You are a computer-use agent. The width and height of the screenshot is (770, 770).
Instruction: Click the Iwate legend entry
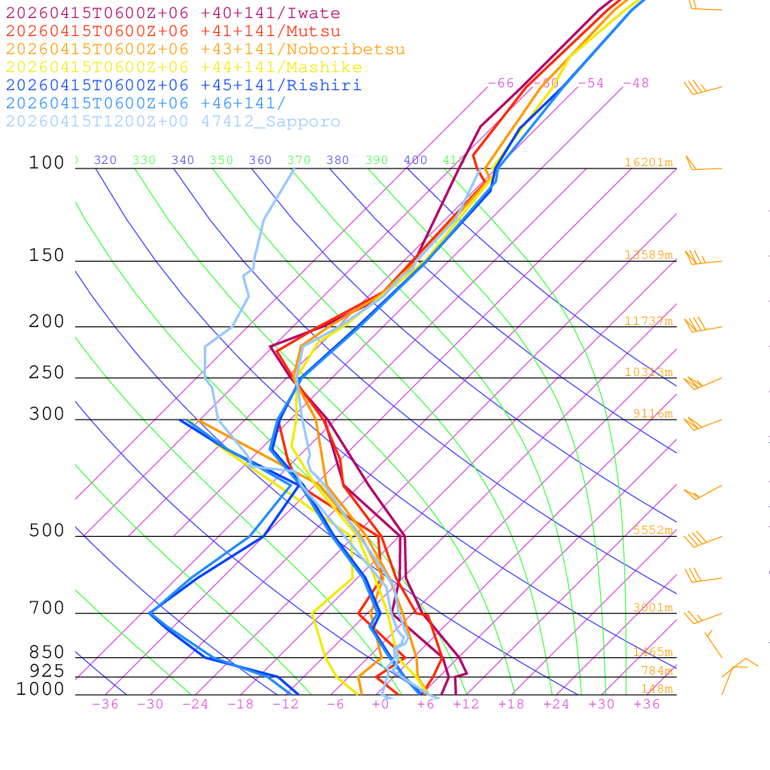pyautogui.click(x=173, y=14)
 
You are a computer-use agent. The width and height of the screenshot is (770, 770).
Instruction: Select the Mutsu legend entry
pyautogui.click(x=173, y=32)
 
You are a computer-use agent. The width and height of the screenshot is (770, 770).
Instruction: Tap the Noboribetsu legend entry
pyautogui.click(x=205, y=50)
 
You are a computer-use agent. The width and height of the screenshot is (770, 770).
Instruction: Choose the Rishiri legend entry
pyautogui.click(x=183, y=86)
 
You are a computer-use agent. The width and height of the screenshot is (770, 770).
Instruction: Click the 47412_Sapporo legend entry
pyautogui.click(x=173, y=122)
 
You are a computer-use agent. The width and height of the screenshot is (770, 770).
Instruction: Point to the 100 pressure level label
pyautogui.click(x=47, y=162)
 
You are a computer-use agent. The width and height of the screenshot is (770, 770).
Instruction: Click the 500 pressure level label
pyautogui.click(x=47, y=531)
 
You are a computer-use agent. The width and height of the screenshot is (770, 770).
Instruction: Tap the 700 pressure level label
pyautogui.click(x=47, y=608)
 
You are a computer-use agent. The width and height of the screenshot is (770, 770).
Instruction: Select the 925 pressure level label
pyautogui.click(x=47, y=671)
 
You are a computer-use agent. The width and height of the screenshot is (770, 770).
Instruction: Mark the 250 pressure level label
pyautogui.click(x=47, y=373)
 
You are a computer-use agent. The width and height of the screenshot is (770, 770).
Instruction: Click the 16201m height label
pyautogui.click(x=648, y=162)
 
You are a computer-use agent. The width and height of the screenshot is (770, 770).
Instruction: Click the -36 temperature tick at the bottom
pyautogui.click(x=105, y=705)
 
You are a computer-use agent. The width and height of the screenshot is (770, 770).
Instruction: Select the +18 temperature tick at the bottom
pyautogui.click(x=511, y=705)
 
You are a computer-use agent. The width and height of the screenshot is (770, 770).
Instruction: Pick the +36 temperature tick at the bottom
pyautogui.click(x=647, y=705)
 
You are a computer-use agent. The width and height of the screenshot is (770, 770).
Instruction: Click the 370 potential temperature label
pyautogui.click(x=299, y=160)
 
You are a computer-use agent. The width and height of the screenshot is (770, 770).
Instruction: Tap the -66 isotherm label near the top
pyautogui.click(x=501, y=83)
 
